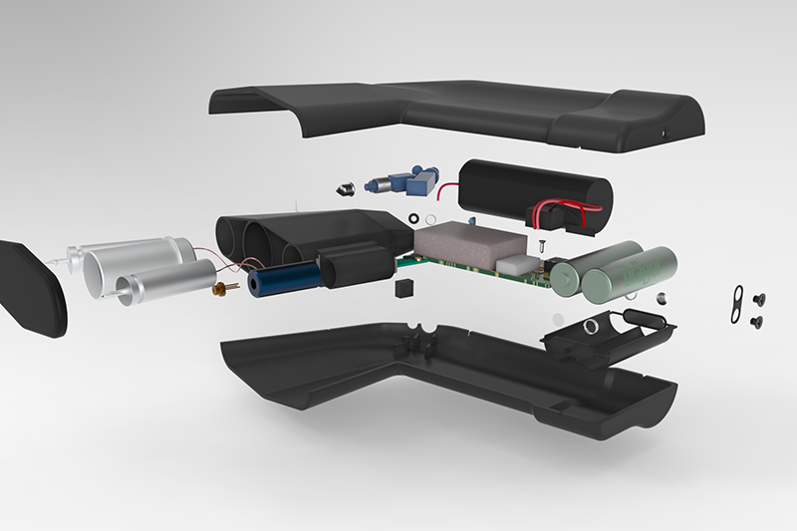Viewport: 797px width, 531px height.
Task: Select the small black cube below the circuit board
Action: (x=403, y=290)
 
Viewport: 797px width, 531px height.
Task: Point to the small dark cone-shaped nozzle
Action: (x=344, y=186)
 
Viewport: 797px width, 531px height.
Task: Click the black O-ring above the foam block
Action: (x=411, y=216)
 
